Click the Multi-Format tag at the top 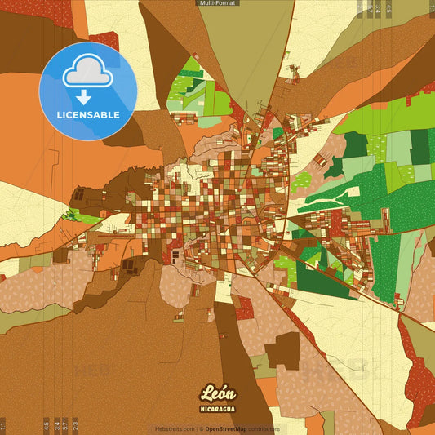(217, 3)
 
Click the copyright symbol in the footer (202, 429)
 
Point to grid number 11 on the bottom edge (3, 424)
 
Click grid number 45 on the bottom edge (46, 424)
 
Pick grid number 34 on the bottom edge (56, 424)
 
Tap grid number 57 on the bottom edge (66, 424)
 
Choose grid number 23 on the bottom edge (76, 424)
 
